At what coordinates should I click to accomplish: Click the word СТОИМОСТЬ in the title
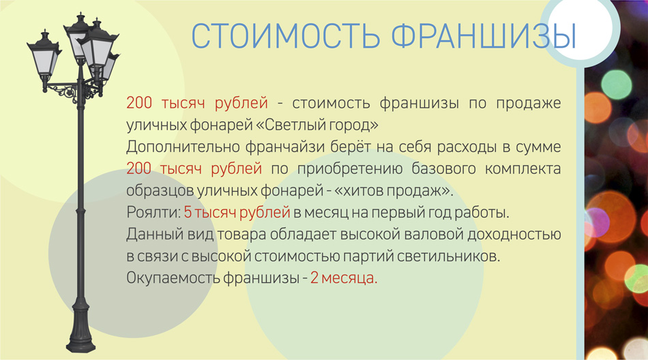[286, 36]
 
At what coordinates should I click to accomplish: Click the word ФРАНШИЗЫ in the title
[484, 36]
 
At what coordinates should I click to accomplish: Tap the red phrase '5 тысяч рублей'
[237, 213]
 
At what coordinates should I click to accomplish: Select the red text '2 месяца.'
[344, 277]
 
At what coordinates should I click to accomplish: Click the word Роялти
[153, 213]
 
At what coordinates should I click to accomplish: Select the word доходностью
[514, 235]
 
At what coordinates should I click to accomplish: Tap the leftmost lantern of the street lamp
[44, 55]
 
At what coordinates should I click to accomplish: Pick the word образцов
[160, 191]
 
